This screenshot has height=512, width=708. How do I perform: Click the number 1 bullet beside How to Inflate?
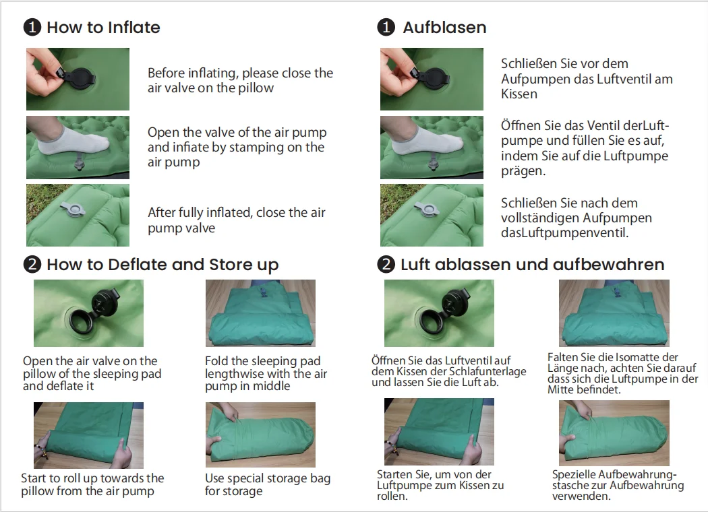(32, 27)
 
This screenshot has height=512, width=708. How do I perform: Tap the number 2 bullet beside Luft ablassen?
(386, 264)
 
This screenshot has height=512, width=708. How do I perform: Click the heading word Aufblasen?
(444, 28)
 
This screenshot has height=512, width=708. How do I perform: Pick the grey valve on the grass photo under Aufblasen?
(427, 209)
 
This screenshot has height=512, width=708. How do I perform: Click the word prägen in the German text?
(523, 171)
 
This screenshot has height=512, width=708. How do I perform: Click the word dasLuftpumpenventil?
(564, 233)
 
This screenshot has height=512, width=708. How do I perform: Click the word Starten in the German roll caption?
(395, 474)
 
